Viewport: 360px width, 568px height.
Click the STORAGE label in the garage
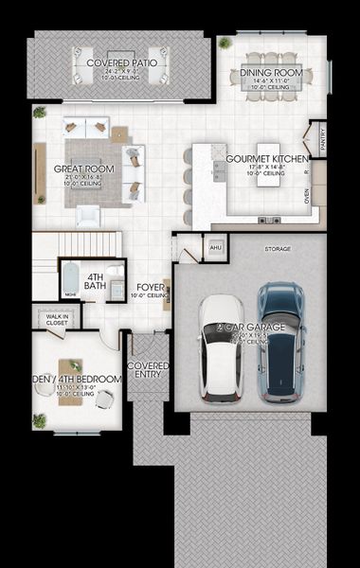(277, 249)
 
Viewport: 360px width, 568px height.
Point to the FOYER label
(151, 286)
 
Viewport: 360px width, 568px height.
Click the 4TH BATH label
(95, 280)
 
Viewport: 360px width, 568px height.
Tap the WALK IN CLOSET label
(58, 318)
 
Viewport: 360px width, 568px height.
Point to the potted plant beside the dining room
(225, 43)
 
